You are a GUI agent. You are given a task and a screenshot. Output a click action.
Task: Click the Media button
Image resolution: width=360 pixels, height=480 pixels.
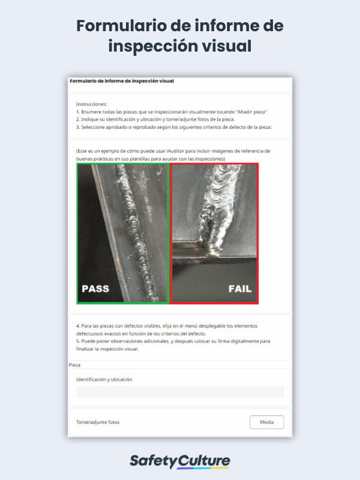click(x=266, y=422)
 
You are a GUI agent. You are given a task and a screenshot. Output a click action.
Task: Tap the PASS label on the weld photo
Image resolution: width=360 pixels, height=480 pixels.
click(x=95, y=289)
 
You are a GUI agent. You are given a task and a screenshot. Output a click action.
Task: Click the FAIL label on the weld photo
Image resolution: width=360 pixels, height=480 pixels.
click(x=240, y=289)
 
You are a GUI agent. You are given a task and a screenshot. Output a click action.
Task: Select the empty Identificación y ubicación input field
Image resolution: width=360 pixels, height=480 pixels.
click(x=180, y=392)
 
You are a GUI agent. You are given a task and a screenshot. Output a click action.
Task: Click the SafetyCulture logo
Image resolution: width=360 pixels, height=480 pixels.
click(x=180, y=461)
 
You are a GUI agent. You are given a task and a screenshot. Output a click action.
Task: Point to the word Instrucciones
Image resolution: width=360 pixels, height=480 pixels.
click(x=92, y=104)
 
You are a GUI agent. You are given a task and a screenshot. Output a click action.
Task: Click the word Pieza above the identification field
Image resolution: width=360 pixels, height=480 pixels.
click(x=74, y=365)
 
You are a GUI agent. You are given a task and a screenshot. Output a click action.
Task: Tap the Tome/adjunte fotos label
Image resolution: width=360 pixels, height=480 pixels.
click(x=98, y=422)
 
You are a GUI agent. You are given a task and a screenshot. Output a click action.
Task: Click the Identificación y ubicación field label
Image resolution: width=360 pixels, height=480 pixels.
click(x=104, y=380)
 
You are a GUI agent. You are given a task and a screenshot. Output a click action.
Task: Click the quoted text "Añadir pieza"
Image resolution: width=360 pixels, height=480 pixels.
click(x=252, y=112)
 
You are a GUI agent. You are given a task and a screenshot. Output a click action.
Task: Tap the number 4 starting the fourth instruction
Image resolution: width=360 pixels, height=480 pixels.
click(x=78, y=326)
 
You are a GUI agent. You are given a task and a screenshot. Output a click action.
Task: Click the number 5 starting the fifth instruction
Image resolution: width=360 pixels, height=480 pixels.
click(x=78, y=341)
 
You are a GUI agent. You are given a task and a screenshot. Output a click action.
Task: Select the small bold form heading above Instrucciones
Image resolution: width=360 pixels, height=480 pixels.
click(x=122, y=81)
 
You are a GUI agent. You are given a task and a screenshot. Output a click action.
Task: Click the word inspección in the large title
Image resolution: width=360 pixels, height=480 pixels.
click(x=152, y=47)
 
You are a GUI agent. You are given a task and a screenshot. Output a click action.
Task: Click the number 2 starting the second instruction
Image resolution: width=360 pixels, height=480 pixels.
click(x=78, y=119)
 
